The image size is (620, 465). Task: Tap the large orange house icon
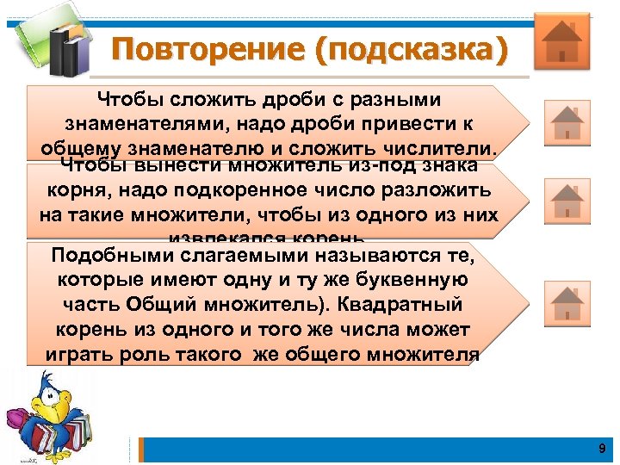[x=561, y=40]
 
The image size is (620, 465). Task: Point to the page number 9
[x=602, y=449]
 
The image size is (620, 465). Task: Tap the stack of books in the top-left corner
[x=60, y=43]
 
